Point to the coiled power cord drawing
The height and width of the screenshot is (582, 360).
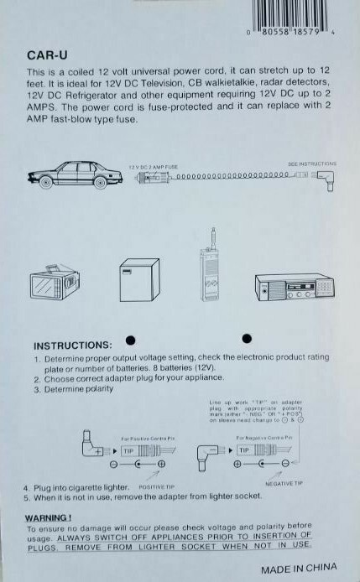(x=227, y=178)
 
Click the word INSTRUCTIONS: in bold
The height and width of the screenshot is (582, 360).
(x=72, y=346)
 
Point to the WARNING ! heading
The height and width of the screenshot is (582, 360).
(x=48, y=517)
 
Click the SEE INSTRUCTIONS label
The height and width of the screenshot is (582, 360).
(x=311, y=164)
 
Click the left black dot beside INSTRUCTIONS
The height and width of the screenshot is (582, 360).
(x=130, y=339)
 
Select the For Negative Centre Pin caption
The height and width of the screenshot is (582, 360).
(x=263, y=439)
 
